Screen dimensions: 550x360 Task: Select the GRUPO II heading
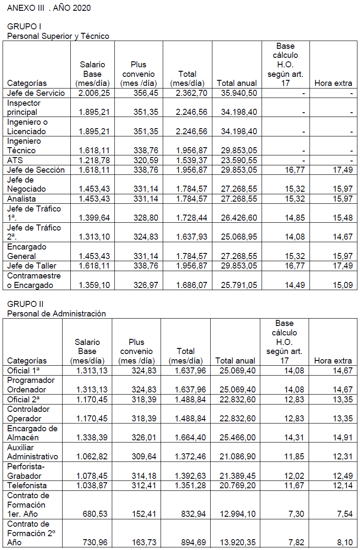coord(25,304)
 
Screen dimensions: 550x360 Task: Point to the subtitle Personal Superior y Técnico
coord(58,36)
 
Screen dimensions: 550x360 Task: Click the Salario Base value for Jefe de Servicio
coord(94,93)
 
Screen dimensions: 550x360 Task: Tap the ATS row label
coord(15,160)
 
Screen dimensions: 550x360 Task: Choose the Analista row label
coord(22,199)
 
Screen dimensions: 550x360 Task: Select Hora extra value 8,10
coord(344,542)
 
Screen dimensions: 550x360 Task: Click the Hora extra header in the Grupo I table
coord(333,83)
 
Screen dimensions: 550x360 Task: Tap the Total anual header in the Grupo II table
coord(235,360)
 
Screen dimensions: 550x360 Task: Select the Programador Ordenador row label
coord(31,385)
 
